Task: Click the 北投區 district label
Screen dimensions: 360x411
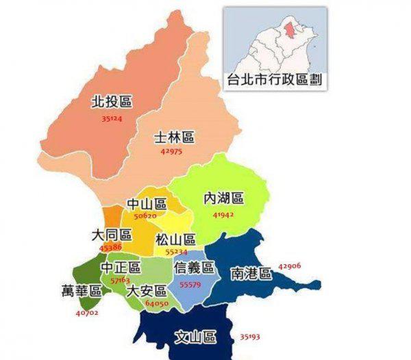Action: click(111, 102)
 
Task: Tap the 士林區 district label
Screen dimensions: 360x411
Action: click(174, 137)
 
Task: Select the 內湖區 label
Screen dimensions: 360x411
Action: click(224, 198)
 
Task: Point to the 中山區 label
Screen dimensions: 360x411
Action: click(147, 204)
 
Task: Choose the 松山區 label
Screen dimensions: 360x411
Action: click(175, 240)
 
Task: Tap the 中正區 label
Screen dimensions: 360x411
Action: click(121, 267)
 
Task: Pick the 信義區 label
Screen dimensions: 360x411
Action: click(194, 267)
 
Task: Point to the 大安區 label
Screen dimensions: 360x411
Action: click(146, 291)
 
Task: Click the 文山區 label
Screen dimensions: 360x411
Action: click(195, 337)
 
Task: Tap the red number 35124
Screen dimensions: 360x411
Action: click(111, 118)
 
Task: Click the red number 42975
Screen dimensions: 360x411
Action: click(171, 151)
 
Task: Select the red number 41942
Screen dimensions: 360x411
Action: click(223, 215)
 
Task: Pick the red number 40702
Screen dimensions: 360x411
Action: click(87, 313)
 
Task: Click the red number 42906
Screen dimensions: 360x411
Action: click(290, 266)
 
